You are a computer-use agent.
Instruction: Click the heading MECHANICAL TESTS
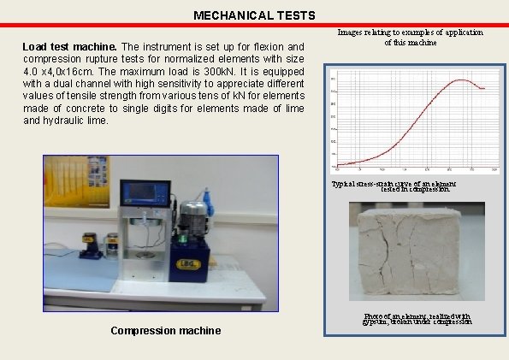click(x=254, y=15)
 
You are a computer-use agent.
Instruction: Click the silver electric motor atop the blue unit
click(x=193, y=213)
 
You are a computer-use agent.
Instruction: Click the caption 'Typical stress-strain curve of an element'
click(x=394, y=184)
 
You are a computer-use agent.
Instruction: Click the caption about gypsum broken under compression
click(x=417, y=320)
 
